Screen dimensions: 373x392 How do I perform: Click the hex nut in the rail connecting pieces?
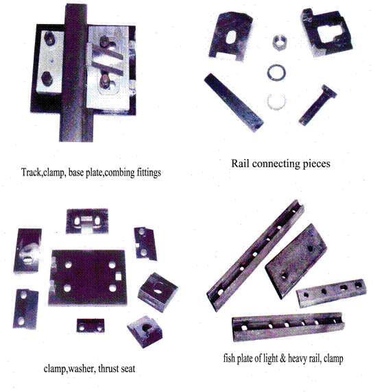[x=280, y=42]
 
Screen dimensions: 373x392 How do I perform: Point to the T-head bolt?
[x=317, y=105]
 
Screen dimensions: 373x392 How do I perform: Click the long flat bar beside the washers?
[x=233, y=102]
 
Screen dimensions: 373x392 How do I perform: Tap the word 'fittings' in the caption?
[x=149, y=173]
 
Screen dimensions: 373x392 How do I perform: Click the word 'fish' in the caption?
[x=229, y=358]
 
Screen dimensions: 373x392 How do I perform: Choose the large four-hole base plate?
[x=88, y=278]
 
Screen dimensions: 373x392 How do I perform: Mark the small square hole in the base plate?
[x=119, y=277]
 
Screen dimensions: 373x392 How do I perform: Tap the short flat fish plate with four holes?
[x=331, y=293]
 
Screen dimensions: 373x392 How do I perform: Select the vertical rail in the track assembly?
[x=76, y=73]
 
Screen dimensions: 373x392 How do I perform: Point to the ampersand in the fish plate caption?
[x=283, y=358]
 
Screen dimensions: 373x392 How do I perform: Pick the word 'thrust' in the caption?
[x=108, y=369]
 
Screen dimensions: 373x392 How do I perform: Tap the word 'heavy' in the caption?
[x=298, y=358]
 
